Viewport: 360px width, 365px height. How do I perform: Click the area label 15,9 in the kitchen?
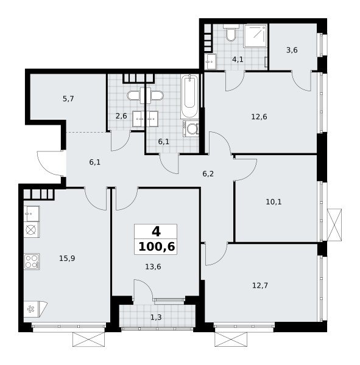coord(67,258)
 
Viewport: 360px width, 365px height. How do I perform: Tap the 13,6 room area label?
coord(153,266)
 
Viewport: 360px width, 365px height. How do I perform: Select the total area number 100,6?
coord(157,246)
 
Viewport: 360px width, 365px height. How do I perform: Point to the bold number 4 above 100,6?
coord(156,232)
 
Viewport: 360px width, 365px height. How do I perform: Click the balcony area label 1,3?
coord(156,317)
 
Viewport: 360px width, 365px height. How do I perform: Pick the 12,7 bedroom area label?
coord(260,285)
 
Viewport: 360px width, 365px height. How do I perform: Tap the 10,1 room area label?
coord(274,201)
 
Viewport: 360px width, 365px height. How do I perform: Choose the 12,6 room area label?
coord(259,116)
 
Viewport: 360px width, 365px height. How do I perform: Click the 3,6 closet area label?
coord(292,50)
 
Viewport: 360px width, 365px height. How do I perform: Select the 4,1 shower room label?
coord(238,60)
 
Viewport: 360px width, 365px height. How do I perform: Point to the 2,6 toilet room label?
coord(121,116)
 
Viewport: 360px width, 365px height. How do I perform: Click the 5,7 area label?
coord(68,99)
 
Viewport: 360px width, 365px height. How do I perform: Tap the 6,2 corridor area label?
coord(208,173)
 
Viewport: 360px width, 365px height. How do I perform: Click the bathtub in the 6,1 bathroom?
coord(190,96)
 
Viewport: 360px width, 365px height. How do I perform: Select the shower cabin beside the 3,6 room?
coord(255,36)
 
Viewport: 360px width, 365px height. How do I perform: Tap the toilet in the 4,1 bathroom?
coord(231,33)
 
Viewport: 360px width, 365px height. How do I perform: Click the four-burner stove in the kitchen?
coord(32,262)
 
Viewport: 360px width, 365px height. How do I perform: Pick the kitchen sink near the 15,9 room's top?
coord(32,214)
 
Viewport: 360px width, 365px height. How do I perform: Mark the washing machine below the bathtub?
coord(191,128)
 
